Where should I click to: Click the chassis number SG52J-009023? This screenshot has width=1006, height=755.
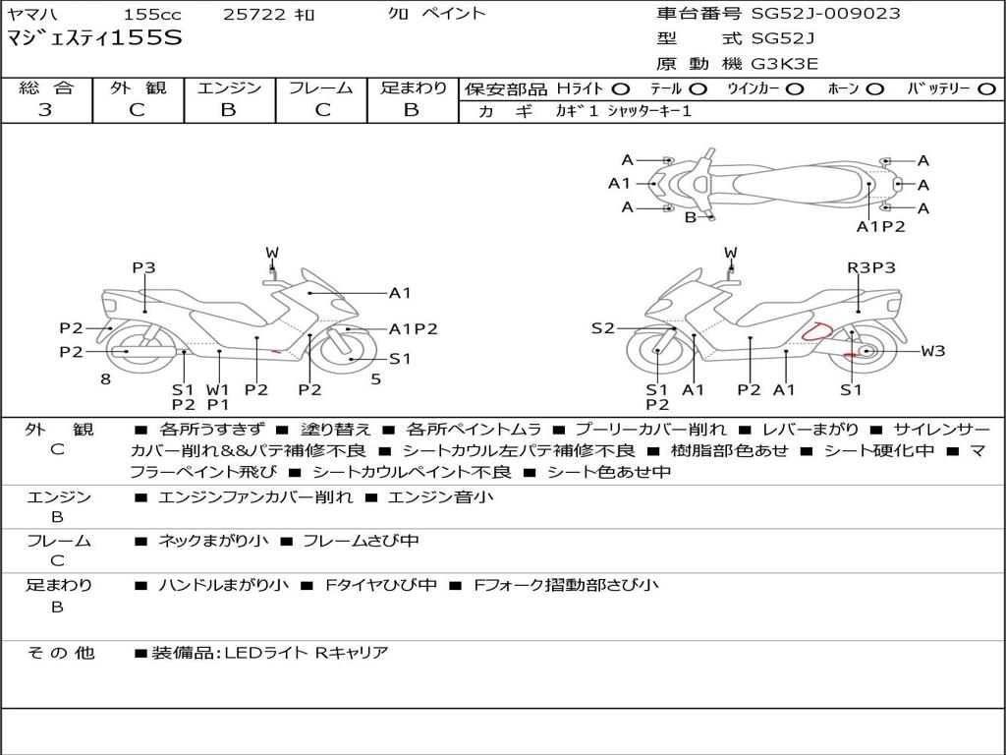pos(825,13)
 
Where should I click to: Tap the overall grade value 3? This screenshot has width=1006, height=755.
pos(45,109)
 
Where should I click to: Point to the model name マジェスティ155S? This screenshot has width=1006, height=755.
pos(94,38)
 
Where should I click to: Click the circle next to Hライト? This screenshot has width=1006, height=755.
pos(621,88)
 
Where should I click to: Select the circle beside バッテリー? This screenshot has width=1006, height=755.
pos(986,88)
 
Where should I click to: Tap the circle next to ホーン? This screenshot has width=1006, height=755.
pos(874,88)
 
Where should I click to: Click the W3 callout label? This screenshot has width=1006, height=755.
pos(933,351)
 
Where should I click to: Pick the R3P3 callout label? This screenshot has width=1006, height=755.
pos(870,267)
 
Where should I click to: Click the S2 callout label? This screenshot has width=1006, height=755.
pos(602,328)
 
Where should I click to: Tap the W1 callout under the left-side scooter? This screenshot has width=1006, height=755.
pos(217,389)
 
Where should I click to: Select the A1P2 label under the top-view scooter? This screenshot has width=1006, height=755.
pos(880,226)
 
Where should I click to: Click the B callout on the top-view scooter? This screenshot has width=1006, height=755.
pos(691,217)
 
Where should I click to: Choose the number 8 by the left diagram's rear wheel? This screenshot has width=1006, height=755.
pos(106,378)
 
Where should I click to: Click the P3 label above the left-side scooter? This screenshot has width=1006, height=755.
pos(143,267)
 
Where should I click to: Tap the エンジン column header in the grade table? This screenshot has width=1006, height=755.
pos(229,87)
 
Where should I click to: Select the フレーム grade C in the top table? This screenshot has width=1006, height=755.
pos(322,110)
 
